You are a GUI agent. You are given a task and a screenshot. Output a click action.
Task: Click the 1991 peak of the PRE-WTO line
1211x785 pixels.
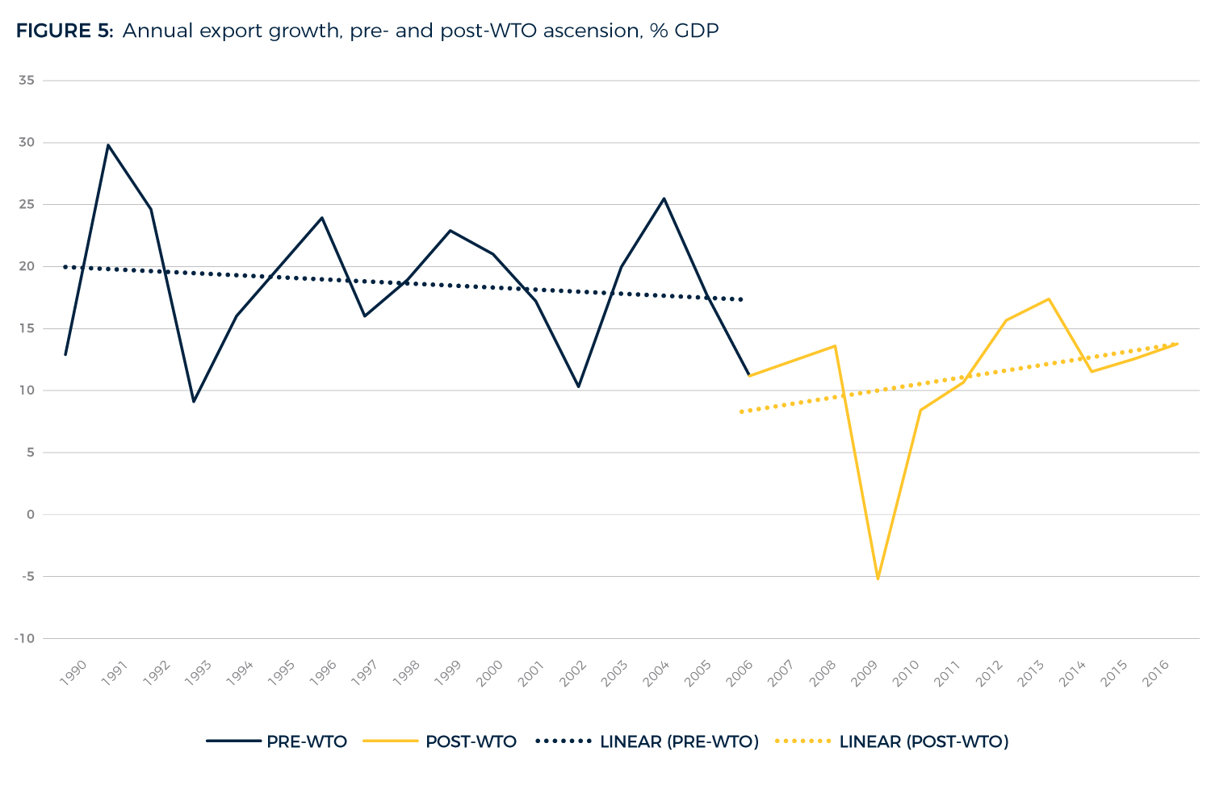(x=108, y=145)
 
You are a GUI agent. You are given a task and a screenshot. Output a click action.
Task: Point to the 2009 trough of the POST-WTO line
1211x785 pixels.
(x=878, y=578)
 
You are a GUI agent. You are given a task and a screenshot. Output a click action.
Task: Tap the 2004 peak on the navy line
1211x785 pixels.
(x=664, y=198)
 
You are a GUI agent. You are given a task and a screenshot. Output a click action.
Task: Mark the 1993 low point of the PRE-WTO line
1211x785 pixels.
(x=194, y=401)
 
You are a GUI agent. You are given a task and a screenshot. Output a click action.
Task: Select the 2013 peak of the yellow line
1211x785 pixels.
(x=1048, y=299)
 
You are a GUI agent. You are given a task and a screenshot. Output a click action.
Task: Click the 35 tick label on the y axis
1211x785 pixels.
(x=27, y=81)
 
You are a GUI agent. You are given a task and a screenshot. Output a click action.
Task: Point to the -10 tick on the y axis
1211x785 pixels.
(x=24, y=638)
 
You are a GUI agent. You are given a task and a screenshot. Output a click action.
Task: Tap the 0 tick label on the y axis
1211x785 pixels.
(x=31, y=515)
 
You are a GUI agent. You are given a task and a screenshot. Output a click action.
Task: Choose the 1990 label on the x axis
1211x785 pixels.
(x=73, y=673)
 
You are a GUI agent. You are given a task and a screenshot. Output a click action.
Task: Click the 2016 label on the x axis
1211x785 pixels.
(x=1156, y=673)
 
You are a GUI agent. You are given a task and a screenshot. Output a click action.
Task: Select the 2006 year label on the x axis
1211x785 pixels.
(x=740, y=673)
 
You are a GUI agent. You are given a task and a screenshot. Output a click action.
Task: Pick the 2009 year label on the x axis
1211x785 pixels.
(x=865, y=673)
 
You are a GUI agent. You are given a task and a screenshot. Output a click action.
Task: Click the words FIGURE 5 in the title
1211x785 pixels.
(x=65, y=31)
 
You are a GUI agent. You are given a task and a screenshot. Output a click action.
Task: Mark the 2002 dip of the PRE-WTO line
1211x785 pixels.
(x=578, y=386)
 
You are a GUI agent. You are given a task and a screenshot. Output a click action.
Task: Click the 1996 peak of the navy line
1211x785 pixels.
(x=322, y=218)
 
